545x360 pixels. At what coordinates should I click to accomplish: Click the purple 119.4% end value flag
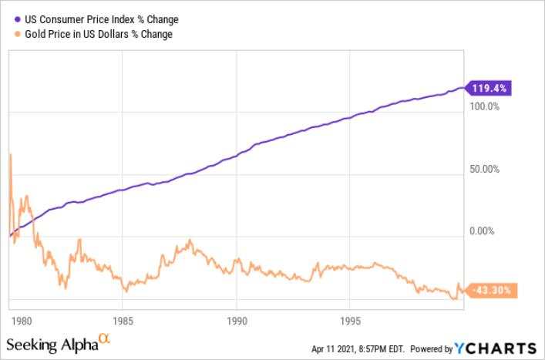coord(488,88)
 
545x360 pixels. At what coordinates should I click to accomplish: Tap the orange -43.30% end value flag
coord(491,290)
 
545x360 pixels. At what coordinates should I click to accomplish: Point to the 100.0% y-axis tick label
coord(485,106)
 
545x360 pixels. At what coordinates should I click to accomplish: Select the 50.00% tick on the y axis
coord(485,170)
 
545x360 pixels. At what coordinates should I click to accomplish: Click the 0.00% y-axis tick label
coord(482,231)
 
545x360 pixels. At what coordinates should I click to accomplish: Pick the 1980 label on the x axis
coord(22,321)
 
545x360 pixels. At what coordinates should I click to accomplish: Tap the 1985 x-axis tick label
coord(123,321)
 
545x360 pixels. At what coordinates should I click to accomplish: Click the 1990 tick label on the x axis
coord(237,321)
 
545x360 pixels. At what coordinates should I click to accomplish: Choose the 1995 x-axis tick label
coord(350,321)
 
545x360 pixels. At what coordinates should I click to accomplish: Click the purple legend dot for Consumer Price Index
coord(18,19)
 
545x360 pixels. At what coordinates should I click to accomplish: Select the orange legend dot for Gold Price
coord(18,34)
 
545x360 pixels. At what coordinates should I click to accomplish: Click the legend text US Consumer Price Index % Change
coord(102,19)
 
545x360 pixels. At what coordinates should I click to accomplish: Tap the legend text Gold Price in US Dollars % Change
coord(99,34)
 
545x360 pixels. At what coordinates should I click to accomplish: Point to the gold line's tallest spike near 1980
coord(11,154)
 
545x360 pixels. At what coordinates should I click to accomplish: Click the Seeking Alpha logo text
coord(52,345)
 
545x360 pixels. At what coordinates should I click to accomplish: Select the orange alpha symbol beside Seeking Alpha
coord(105,338)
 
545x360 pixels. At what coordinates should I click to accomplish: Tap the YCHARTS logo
coord(496,348)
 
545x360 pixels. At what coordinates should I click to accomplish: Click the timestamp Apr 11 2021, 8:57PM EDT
coord(358,349)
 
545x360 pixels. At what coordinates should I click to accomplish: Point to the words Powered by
coord(432,349)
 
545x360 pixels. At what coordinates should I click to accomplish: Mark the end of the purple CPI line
coord(463,88)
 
